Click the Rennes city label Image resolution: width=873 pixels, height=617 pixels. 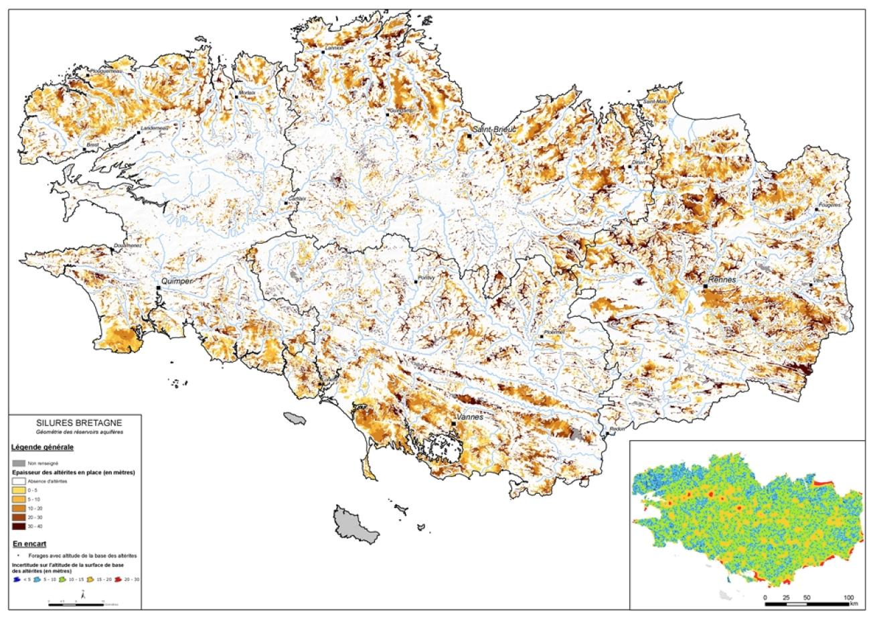click(x=722, y=279)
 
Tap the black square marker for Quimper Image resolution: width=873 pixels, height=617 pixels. click(x=159, y=287)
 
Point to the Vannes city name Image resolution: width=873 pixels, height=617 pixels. click(x=469, y=417)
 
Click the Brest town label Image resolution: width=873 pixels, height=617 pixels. click(x=92, y=144)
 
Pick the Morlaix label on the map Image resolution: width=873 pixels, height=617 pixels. click(x=247, y=92)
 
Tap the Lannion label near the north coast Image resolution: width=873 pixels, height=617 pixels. click(x=333, y=48)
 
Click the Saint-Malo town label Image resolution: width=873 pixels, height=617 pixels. click(x=655, y=101)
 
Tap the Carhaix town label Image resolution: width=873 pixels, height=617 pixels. click(x=297, y=198)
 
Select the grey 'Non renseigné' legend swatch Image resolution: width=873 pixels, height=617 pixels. click(x=19, y=463)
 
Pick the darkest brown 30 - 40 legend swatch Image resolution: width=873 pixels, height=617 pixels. click(x=19, y=527)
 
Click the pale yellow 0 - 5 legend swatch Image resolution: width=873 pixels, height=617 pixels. click(x=19, y=490)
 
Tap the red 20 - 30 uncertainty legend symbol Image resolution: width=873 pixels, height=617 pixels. click(x=117, y=578)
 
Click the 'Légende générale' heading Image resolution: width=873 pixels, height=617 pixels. click(x=43, y=446)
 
